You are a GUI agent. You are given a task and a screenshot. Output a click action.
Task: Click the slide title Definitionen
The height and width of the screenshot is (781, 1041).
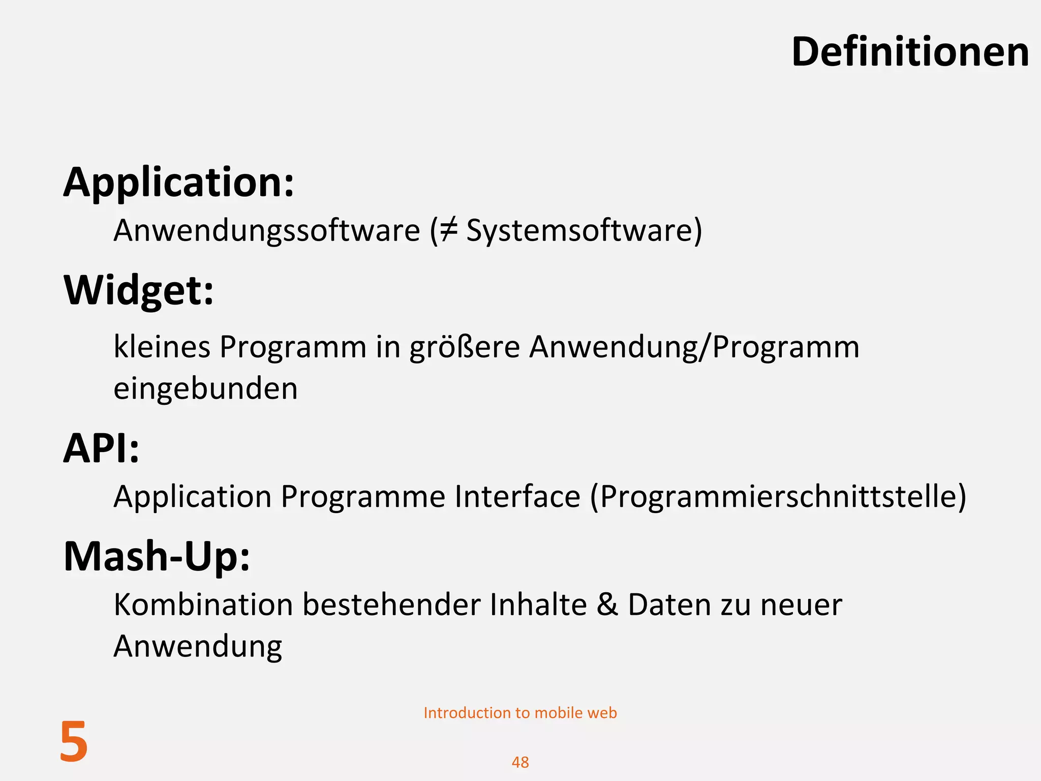pos(910,52)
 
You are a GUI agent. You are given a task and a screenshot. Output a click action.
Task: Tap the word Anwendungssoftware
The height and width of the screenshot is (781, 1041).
pos(267,230)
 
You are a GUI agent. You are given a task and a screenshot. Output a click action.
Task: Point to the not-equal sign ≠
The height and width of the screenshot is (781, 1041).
pos(448,230)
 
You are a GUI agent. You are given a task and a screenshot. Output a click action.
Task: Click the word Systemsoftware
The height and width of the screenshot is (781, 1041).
pos(579,230)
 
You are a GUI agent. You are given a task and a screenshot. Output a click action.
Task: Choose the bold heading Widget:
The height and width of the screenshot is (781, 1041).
pos(139,290)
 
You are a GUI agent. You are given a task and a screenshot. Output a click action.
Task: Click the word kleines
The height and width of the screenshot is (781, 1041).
pos(162,347)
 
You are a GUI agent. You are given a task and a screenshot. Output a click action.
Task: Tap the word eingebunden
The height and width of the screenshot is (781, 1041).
pos(205,389)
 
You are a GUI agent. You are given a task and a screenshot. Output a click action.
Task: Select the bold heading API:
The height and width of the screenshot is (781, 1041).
pos(101,448)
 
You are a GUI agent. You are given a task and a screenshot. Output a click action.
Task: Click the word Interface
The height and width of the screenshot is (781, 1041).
pos(517,496)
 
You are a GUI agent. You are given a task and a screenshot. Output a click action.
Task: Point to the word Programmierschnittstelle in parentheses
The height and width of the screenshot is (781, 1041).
pos(778,497)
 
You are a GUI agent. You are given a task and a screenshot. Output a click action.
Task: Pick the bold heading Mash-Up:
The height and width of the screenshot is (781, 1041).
pos(157,557)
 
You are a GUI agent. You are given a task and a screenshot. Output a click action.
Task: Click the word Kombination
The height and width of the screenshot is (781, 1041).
pos(203,605)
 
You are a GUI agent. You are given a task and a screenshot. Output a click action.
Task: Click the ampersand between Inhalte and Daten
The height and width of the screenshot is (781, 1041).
pos(607,605)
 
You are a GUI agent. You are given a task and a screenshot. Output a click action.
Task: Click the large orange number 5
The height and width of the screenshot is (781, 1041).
pos(74,742)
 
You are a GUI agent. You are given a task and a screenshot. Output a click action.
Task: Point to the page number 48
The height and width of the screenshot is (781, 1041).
pos(520,762)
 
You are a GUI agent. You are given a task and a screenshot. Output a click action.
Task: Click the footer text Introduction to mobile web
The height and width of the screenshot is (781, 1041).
pos(520,713)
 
